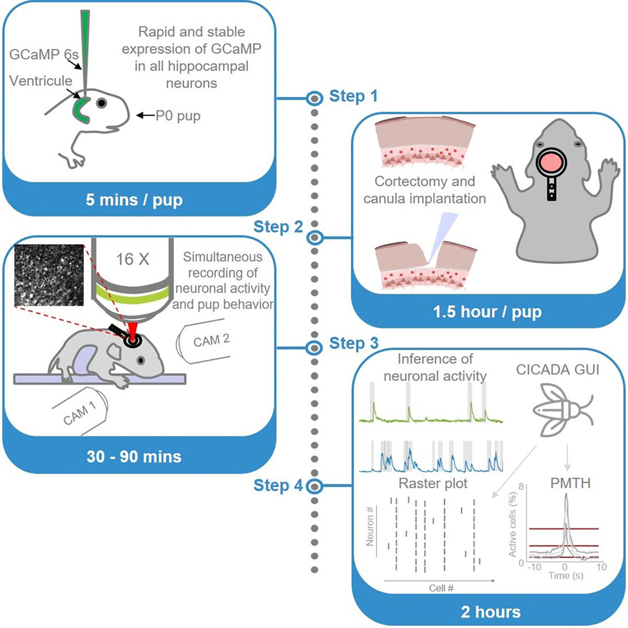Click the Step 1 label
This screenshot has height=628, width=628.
coord(353,97)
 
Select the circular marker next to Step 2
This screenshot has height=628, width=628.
coord(315,238)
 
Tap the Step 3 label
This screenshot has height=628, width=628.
coord(353,344)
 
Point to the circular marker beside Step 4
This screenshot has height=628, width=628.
coord(315,486)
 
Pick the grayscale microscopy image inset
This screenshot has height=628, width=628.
coord(48,276)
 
